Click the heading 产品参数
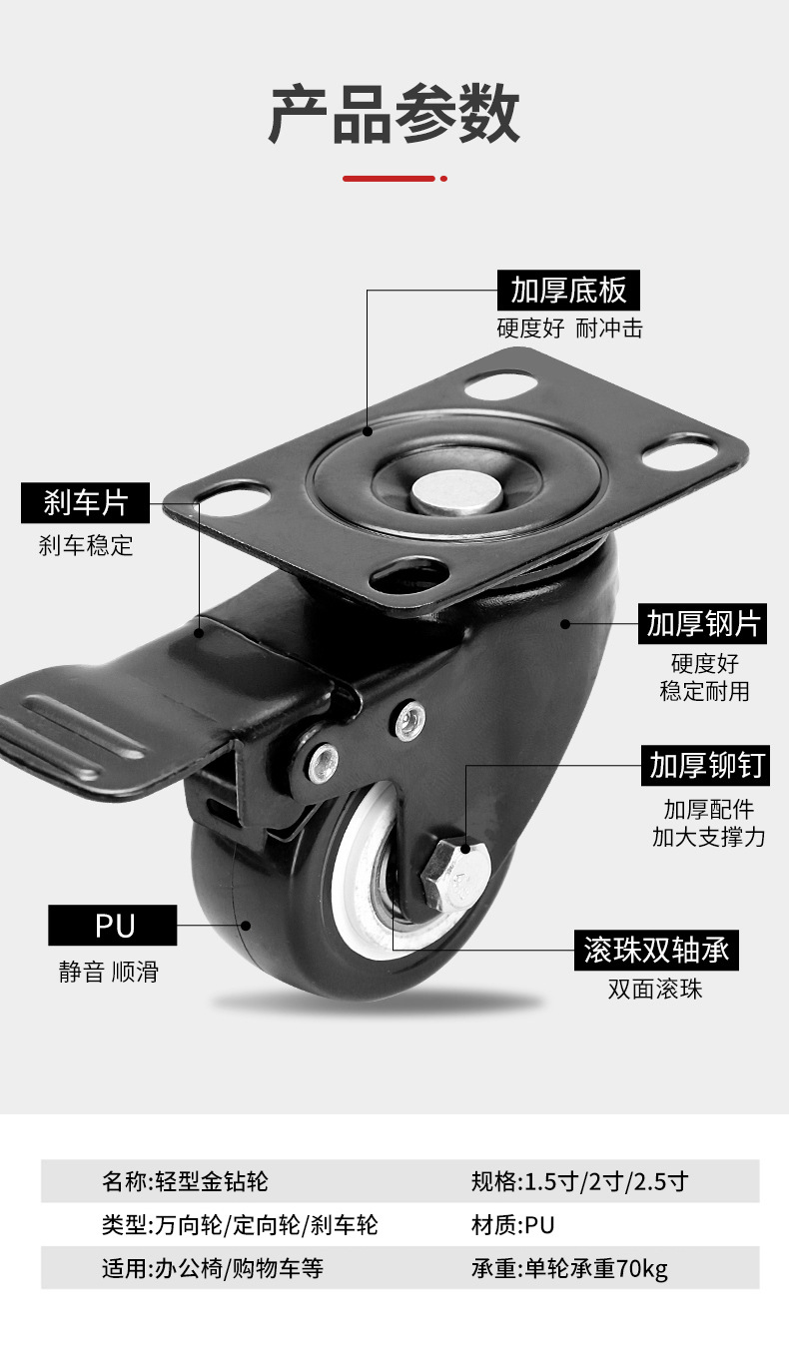coord(394,115)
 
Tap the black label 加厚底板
coord(568,290)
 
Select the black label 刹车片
coord(86,503)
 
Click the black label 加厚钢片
coord(703,624)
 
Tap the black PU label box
coord(113,926)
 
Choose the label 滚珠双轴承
coord(656,950)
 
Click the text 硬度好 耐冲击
coord(569,328)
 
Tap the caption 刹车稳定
coord(86,545)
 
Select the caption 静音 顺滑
coord(108,972)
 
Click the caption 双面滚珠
coord(655,990)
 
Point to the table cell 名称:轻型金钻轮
coord(186,1182)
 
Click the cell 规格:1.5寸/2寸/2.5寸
coord(579,1182)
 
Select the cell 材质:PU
coord(511,1225)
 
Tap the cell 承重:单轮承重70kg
coord(569,1269)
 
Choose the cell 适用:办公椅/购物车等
coord(213,1269)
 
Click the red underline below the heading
coord(391,179)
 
